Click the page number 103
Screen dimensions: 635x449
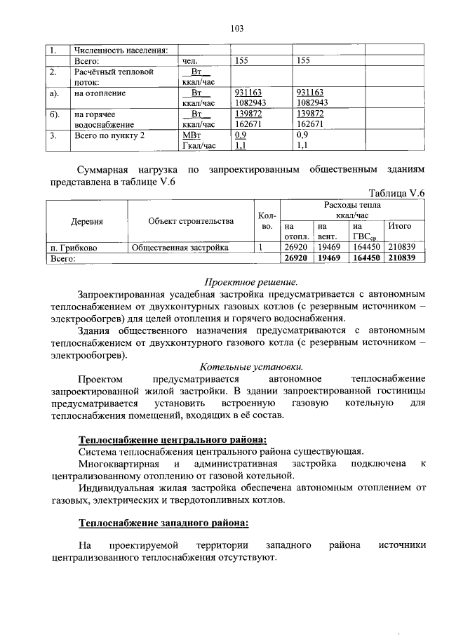236,29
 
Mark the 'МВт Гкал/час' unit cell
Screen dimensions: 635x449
199,140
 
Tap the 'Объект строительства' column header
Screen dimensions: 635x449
191,222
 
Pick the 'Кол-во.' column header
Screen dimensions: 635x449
267,222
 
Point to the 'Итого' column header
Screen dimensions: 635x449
399,227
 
